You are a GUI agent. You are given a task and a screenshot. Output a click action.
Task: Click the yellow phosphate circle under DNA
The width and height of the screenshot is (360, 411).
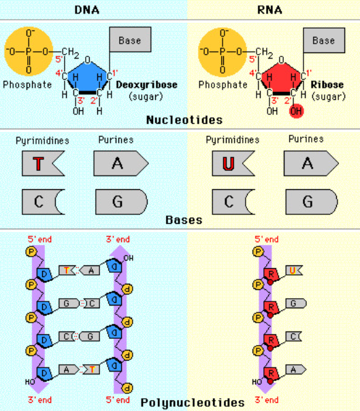28,51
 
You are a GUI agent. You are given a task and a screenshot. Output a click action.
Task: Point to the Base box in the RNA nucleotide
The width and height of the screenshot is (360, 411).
323,41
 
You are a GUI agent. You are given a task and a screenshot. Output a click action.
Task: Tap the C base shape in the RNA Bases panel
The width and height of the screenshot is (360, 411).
232,201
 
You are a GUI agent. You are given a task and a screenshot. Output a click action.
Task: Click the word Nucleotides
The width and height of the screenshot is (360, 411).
184,120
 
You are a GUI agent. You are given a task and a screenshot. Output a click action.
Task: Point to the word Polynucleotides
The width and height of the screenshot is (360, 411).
192,403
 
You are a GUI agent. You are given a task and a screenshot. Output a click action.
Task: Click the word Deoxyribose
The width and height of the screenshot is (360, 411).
147,85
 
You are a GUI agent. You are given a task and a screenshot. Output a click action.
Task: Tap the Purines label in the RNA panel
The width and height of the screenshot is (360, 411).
306,139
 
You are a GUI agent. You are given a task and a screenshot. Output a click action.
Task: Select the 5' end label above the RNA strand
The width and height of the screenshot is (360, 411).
266,240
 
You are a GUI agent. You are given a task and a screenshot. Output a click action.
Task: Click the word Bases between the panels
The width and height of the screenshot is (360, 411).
184,220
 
